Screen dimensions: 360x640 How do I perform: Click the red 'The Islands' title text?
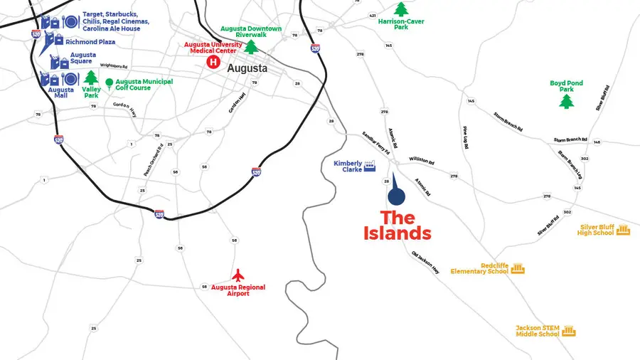click(x=405, y=225)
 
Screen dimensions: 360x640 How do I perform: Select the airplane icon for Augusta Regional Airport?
click(x=239, y=275)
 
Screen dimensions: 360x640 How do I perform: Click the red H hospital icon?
click(x=212, y=63)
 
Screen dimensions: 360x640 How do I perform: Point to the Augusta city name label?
click(x=247, y=69)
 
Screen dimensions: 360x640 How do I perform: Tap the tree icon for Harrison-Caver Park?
click(x=401, y=9)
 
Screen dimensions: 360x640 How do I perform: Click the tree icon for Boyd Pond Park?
click(x=566, y=101)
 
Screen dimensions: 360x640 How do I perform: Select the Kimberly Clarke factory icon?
click(x=369, y=166)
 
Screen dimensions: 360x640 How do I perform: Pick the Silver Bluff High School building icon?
click(x=624, y=229)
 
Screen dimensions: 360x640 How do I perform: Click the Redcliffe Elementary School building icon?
click(x=517, y=268)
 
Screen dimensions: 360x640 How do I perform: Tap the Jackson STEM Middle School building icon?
click(x=568, y=331)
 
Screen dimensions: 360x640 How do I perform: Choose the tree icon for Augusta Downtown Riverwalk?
click(x=250, y=47)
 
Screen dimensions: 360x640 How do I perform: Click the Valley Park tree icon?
click(x=91, y=78)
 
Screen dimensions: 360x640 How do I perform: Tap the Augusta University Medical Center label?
click(x=213, y=48)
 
